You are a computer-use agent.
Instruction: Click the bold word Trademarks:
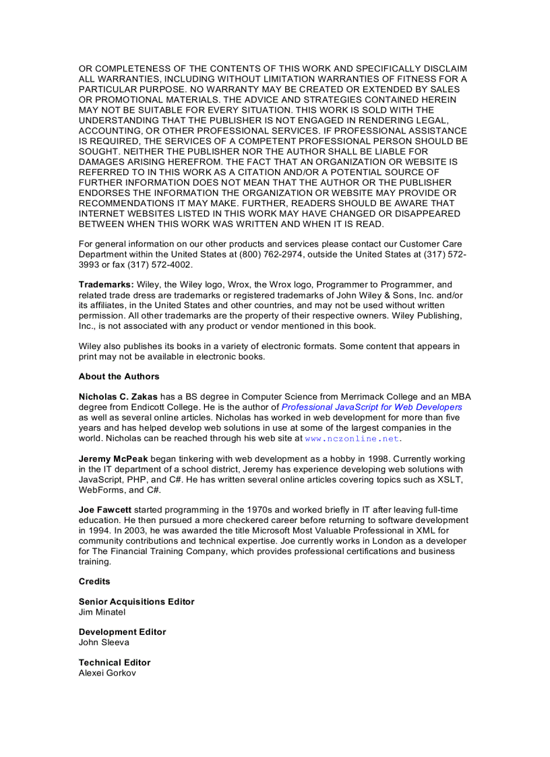tap(106, 285)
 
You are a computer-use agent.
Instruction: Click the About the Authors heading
tap(119, 377)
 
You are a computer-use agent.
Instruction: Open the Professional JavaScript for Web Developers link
tap(371, 407)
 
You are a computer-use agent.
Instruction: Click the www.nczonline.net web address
tap(353, 438)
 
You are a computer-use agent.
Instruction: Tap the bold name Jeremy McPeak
tap(113, 459)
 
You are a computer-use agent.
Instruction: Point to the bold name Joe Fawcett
tap(106, 510)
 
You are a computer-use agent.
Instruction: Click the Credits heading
tap(94, 582)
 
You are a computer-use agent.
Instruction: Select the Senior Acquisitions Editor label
tap(136, 602)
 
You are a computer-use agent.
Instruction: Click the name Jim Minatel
tap(102, 612)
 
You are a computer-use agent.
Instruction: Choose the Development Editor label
tap(122, 632)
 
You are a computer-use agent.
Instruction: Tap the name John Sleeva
tap(104, 642)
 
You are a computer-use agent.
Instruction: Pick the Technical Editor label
tap(115, 663)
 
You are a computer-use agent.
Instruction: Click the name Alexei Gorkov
tap(107, 673)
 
